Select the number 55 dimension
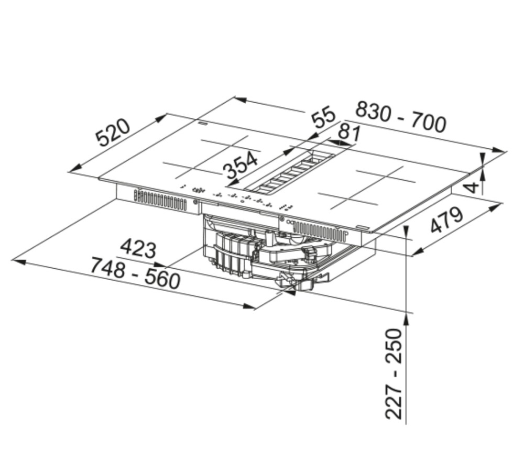[x=322, y=117]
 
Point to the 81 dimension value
[x=350, y=133]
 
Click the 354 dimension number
[x=241, y=164]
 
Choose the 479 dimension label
[x=447, y=220]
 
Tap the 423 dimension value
[x=138, y=248]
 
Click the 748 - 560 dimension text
[x=135, y=273]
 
